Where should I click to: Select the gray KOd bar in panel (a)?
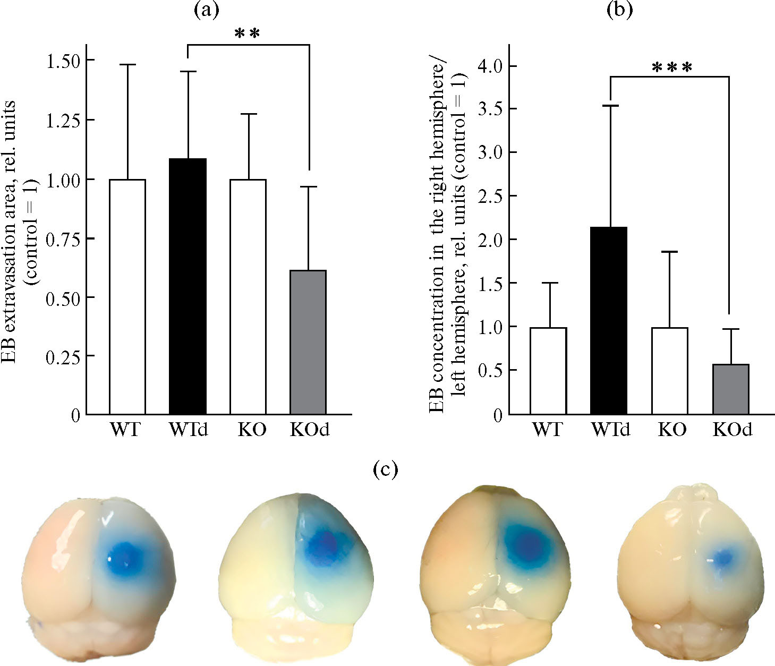pos(308,342)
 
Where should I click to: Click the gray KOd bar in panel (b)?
pos(730,389)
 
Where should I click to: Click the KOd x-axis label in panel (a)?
pos(310,429)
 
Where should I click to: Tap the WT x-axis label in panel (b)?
pos(548,429)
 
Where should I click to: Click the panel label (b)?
pos(619,11)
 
